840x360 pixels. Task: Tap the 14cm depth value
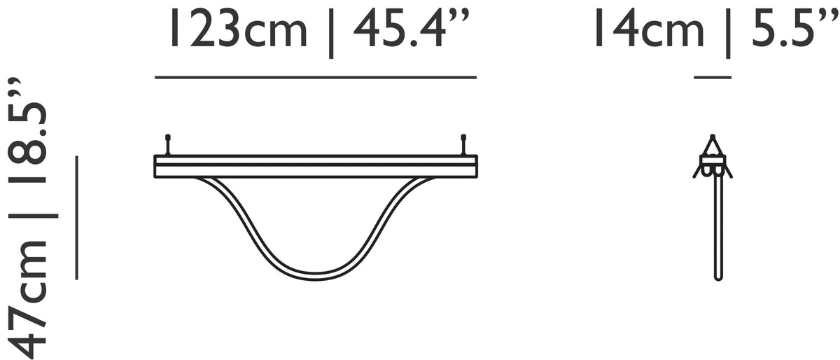click(x=648, y=31)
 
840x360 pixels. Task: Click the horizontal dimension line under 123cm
click(x=315, y=77)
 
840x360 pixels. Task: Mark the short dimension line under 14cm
click(x=713, y=77)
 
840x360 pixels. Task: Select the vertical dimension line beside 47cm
click(x=76, y=217)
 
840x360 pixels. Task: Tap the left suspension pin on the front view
click(x=167, y=144)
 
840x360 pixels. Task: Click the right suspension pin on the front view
click(x=463, y=144)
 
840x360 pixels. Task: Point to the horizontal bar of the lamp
click(x=315, y=167)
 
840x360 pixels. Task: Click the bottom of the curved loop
click(x=315, y=277)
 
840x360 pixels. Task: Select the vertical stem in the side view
click(x=717, y=224)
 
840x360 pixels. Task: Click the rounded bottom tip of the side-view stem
click(x=717, y=278)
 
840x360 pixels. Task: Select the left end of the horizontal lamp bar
click(x=156, y=167)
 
